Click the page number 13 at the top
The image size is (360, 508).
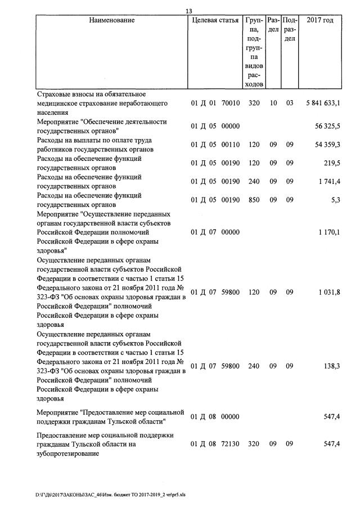point(188,11)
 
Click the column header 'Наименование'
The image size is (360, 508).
point(112,21)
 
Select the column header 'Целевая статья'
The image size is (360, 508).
point(215,21)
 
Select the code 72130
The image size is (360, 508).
point(231,444)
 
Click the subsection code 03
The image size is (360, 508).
point(290,104)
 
